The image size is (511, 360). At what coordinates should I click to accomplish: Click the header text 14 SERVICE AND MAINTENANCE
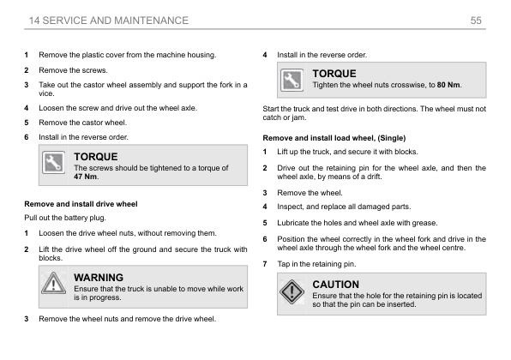click(109, 19)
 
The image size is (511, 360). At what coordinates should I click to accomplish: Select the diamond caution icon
click(292, 293)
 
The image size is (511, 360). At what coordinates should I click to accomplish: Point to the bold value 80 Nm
click(448, 86)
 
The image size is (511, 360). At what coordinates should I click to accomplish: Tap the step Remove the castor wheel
click(82, 123)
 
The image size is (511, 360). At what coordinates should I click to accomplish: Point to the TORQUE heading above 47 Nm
click(96, 157)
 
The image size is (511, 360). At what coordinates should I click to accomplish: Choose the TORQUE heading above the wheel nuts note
click(334, 75)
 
